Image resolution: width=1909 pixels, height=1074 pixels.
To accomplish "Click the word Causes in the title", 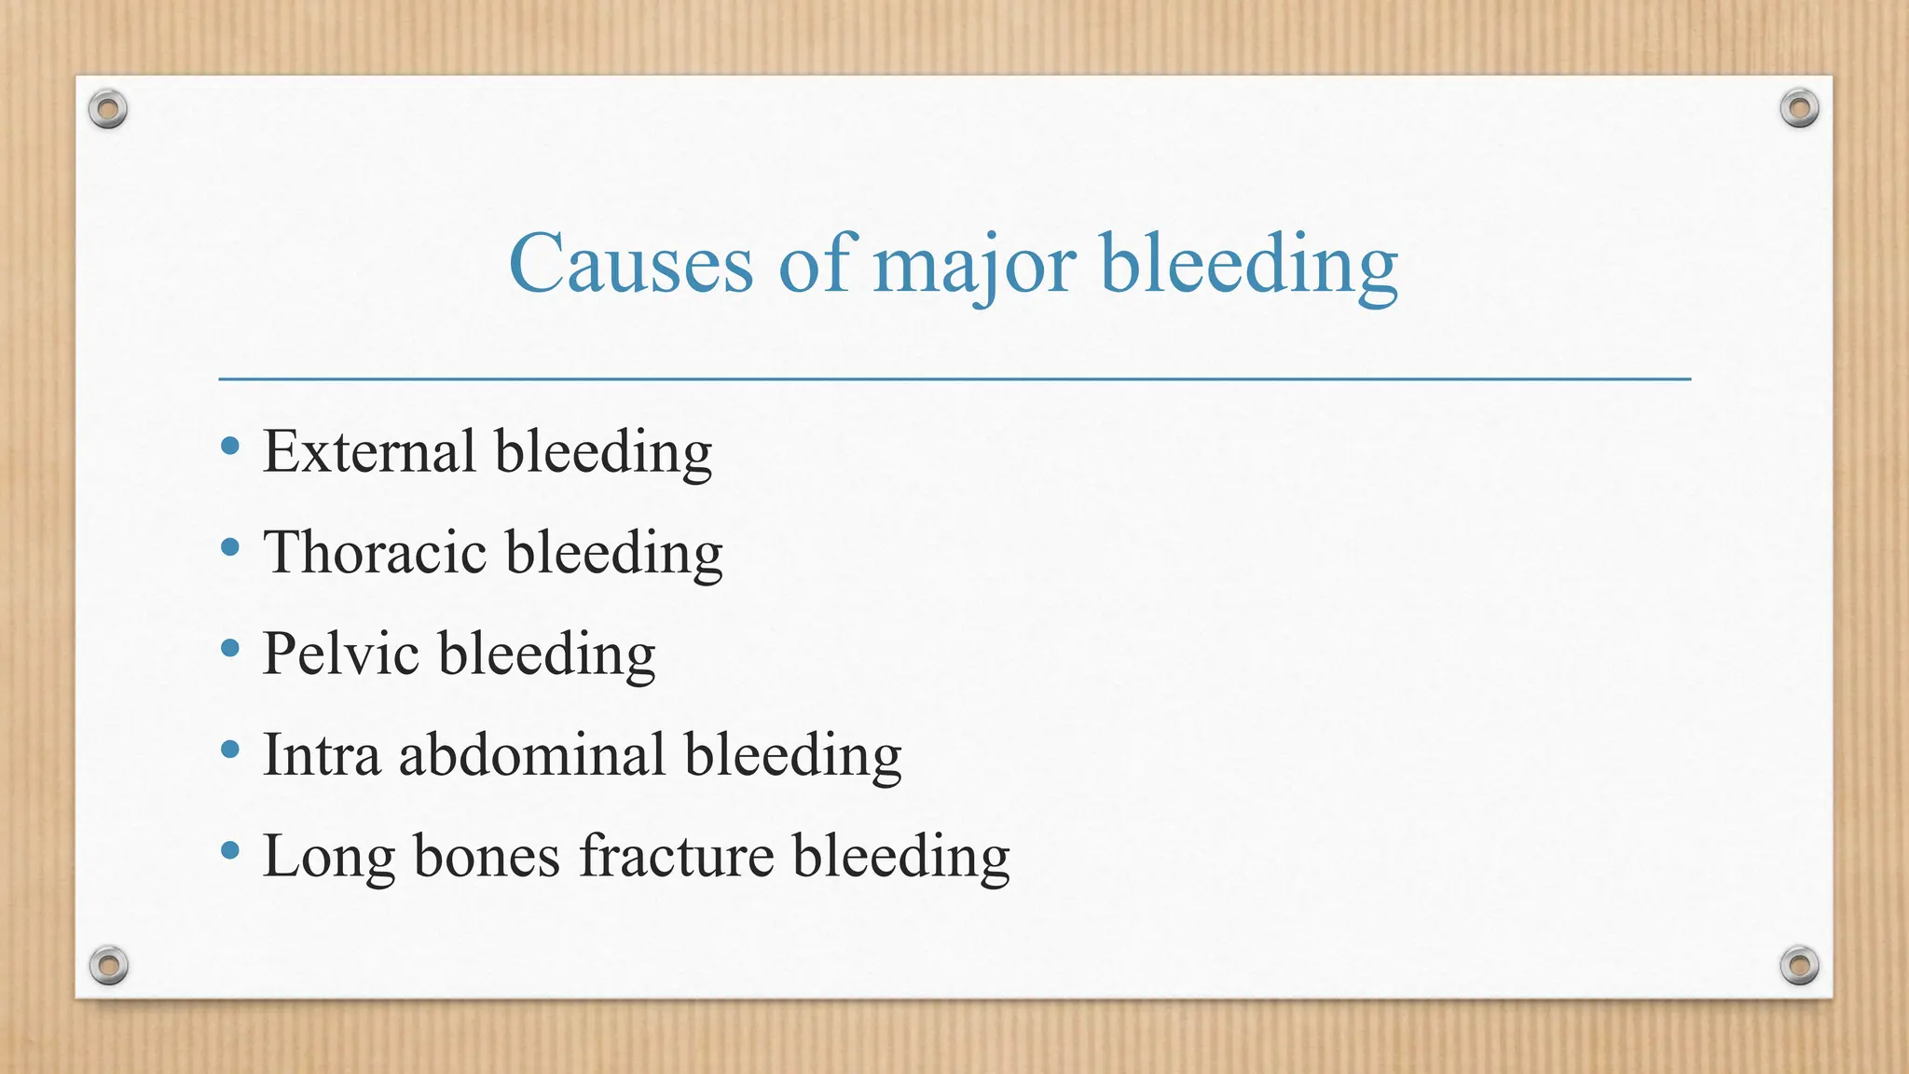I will coord(630,263).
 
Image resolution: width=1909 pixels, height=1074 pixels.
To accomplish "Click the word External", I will coord(369,451).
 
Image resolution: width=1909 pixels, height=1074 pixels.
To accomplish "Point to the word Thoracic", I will coord(375,552).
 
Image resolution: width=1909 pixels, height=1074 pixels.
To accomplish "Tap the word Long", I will coord(328,856).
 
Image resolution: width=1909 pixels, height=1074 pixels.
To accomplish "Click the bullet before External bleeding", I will coord(230,447).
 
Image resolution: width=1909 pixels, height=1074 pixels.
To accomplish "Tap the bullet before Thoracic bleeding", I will coord(230,547).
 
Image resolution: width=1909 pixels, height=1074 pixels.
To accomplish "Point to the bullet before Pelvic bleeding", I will coord(230,648).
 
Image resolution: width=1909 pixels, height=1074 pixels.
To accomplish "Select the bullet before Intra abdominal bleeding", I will coord(230,749).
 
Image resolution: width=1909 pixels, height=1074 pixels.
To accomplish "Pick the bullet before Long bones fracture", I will coord(230,849).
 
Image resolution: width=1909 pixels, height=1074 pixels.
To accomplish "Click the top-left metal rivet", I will coord(108,110).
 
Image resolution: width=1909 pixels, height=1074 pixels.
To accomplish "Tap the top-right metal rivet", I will coord(1799,109).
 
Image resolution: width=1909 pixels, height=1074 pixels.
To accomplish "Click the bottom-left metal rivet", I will coord(108,965).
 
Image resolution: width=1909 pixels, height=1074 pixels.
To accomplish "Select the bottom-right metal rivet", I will coord(1799,965).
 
